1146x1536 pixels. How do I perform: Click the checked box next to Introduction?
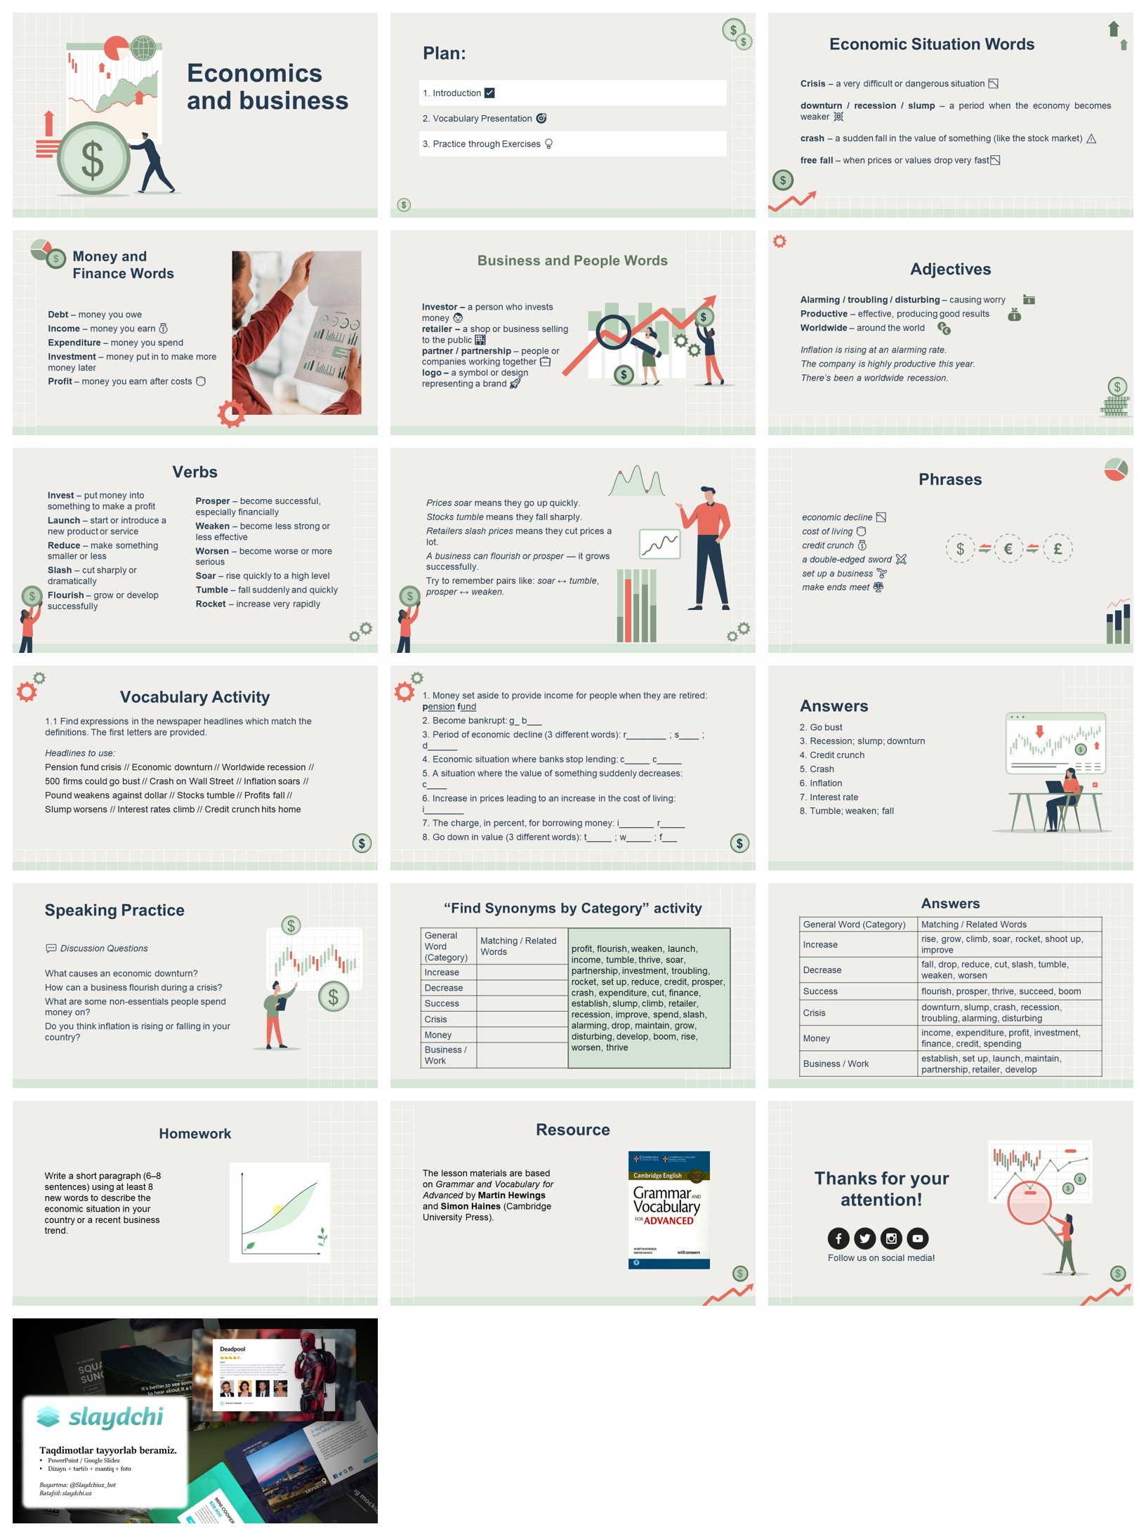tap(489, 93)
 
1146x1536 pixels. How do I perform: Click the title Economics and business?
tap(267, 87)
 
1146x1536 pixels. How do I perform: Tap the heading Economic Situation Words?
tap(931, 44)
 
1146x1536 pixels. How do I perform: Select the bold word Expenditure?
tap(74, 343)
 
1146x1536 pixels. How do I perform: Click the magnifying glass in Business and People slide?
tap(613, 331)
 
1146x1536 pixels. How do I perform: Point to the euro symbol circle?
tap(1008, 548)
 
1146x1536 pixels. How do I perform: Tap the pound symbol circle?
tap(1057, 548)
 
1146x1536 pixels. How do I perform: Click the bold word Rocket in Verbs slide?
tap(211, 604)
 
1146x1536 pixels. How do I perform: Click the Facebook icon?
tap(838, 1238)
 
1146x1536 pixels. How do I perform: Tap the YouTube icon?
tap(917, 1238)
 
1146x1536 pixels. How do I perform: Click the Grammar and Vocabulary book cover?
tap(668, 1209)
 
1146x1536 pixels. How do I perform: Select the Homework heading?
tap(195, 1134)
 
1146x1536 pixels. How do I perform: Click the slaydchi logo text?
tap(115, 1417)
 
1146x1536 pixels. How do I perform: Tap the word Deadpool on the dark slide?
tap(232, 1349)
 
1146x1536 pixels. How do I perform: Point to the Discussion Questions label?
tap(103, 948)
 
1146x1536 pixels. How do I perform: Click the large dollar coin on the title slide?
tap(93, 159)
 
